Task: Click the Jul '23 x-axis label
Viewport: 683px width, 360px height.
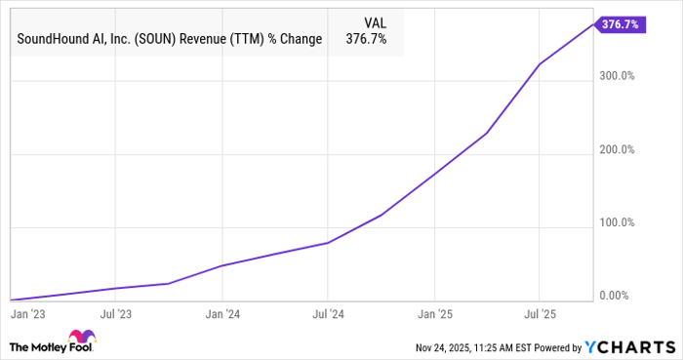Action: (x=116, y=314)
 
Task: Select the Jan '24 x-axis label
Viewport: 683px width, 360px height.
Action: (x=222, y=314)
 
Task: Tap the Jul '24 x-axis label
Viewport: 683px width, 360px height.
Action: (x=328, y=314)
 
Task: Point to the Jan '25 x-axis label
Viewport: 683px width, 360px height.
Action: (x=433, y=314)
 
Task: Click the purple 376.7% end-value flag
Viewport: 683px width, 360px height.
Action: (x=620, y=24)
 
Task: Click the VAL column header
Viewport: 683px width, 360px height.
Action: (x=375, y=21)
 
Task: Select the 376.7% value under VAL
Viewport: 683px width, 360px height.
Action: (x=375, y=41)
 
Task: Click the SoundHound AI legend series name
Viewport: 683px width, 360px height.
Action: (x=170, y=41)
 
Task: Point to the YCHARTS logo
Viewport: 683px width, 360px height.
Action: (x=626, y=347)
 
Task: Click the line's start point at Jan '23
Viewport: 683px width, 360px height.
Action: (x=10, y=300)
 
